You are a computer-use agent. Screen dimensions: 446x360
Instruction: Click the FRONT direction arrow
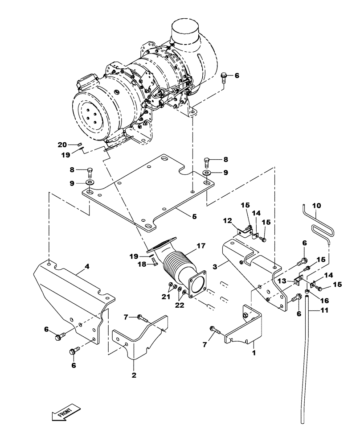(x=66, y=412)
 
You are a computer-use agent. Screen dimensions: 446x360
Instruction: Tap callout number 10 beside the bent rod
(x=316, y=206)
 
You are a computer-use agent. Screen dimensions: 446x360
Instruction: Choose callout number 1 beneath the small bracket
(x=254, y=352)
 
